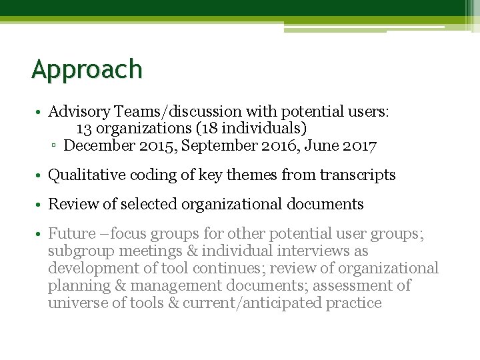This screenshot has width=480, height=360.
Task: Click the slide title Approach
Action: (87, 69)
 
